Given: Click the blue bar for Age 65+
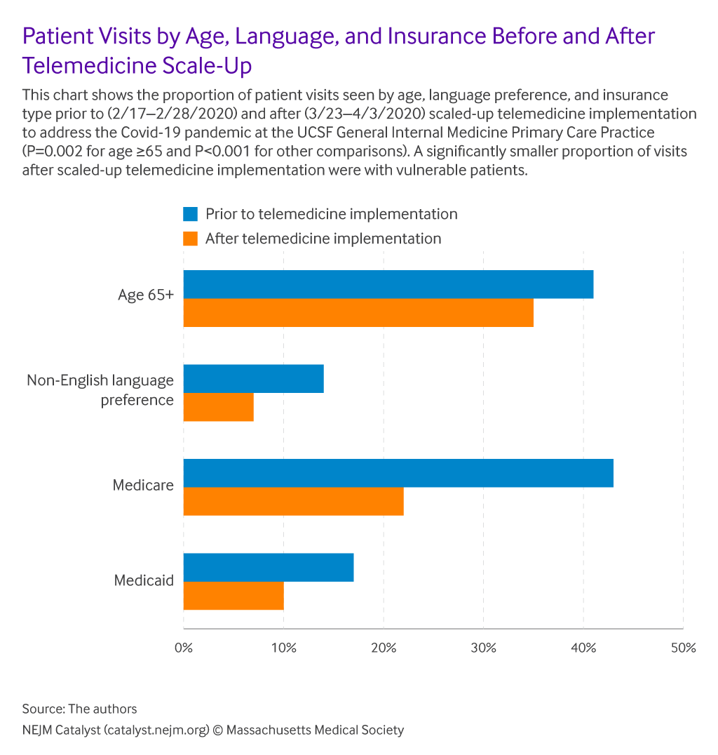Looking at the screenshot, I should (388, 284).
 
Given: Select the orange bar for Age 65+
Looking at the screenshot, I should (358, 313).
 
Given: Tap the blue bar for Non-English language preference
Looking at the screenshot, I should (253, 379).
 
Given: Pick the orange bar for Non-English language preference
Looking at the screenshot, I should (218, 407).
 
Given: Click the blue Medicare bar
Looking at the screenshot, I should (398, 473).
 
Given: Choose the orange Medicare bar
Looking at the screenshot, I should (293, 501).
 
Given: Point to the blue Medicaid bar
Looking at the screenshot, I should (268, 567).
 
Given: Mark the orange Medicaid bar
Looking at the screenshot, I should (233, 596).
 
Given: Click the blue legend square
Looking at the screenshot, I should (190, 214).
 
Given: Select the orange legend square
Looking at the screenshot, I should (190, 239).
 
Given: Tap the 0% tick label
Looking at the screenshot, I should (184, 648).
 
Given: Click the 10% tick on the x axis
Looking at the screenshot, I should (283, 648).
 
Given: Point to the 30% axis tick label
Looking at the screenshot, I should (483, 648).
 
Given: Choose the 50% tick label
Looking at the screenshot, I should (683, 648).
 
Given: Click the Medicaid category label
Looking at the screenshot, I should (144, 581).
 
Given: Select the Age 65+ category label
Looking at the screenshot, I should (145, 295).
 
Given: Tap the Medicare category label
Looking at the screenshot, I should (143, 485).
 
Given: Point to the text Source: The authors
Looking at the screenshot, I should (79, 708).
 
